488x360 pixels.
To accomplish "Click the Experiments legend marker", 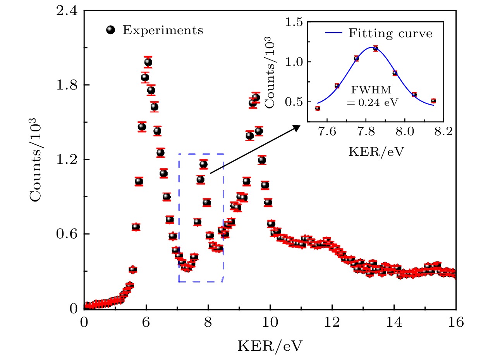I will click(x=112, y=30).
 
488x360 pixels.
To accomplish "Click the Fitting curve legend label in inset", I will click(x=390, y=33).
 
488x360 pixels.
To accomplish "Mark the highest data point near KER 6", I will click(x=148, y=62).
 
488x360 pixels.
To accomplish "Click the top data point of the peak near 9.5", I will click(x=256, y=98).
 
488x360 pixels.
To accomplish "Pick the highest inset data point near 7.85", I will click(x=375, y=49).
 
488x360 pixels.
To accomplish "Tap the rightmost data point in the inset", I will click(x=433, y=101).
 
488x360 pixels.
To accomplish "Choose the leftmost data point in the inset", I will click(x=318, y=108).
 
